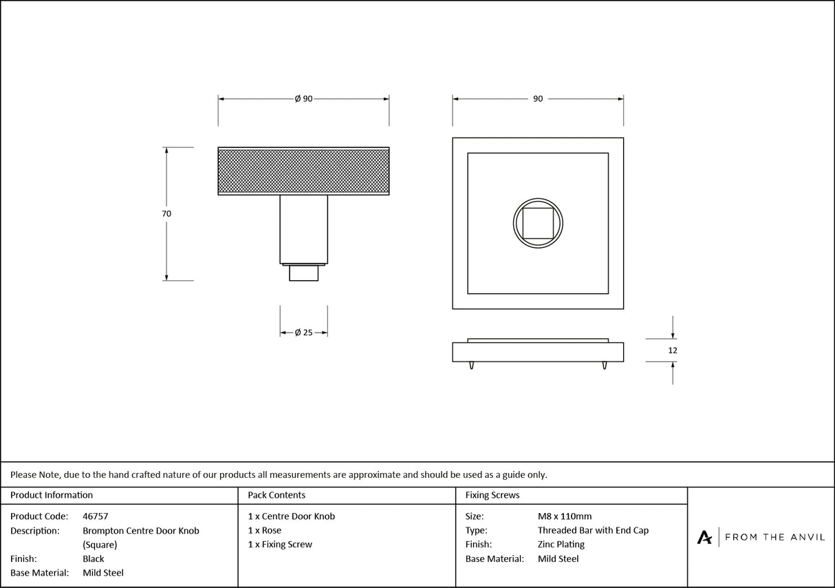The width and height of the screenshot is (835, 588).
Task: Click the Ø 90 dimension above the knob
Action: click(x=303, y=99)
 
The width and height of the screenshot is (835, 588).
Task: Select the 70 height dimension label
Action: click(x=166, y=213)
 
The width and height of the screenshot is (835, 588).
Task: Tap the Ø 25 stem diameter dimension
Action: click(x=303, y=333)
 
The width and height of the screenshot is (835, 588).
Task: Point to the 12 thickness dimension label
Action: click(x=673, y=350)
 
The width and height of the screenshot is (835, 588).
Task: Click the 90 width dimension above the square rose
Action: click(x=538, y=99)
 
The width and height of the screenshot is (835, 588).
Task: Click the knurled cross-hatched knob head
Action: click(x=303, y=171)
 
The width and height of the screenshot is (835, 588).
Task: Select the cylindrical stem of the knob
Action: click(x=303, y=229)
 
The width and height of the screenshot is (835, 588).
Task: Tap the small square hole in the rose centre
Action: click(x=538, y=223)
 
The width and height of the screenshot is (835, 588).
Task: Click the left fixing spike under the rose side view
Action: click(x=472, y=365)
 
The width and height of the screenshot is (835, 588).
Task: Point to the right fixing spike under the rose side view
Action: click(x=604, y=365)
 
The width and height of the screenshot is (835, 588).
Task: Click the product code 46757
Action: click(x=95, y=516)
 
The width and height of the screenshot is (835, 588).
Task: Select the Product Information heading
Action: click(x=52, y=495)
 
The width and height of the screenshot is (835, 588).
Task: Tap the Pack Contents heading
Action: click(x=276, y=495)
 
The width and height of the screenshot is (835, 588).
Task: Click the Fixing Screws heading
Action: click(x=492, y=495)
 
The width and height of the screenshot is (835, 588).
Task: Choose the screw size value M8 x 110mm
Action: click(x=564, y=516)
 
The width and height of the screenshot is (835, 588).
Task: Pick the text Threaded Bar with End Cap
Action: click(x=593, y=530)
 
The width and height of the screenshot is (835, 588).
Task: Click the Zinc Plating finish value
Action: click(x=561, y=545)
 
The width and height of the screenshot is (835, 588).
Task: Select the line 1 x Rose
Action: click(x=265, y=530)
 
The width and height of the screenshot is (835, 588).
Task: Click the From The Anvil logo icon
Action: click(x=704, y=537)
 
